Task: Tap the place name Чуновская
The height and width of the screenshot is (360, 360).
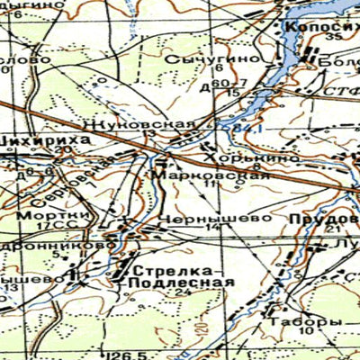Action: pyautogui.click(x=151, y=121)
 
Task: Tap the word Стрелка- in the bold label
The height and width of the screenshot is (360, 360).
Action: pyautogui.click(x=177, y=270)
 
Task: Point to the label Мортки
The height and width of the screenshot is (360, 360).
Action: pyautogui.click(x=27, y=216)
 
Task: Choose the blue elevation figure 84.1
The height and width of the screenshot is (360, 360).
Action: pyautogui.click(x=241, y=130)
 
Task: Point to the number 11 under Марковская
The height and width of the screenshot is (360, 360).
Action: pyautogui.click(x=211, y=185)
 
